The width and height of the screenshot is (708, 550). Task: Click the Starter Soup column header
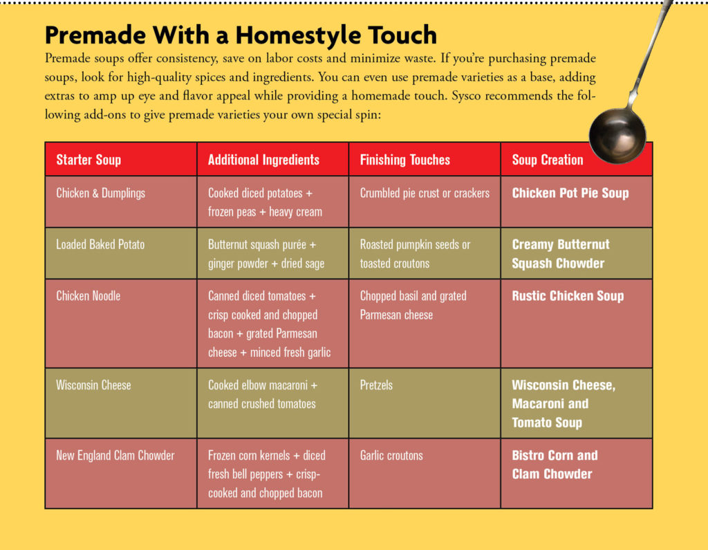(x=88, y=160)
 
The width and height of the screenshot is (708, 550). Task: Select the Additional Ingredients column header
(x=263, y=160)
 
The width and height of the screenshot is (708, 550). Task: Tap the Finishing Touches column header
(x=405, y=160)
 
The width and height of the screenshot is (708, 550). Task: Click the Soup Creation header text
(x=548, y=160)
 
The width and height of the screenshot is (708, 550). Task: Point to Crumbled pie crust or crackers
(x=425, y=193)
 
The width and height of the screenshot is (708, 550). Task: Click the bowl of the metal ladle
(x=617, y=136)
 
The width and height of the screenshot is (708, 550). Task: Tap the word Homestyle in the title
(x=298, y=35)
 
